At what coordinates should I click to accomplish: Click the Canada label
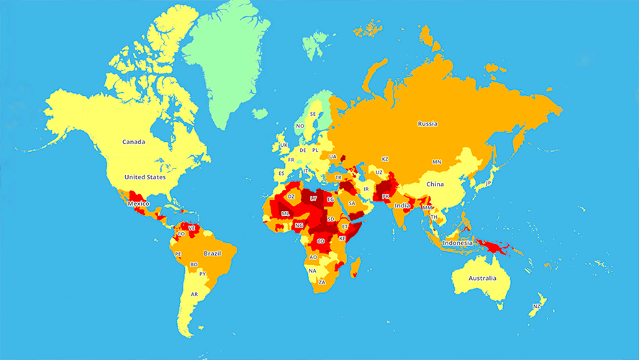point(133,142)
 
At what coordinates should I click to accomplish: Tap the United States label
point(145,177)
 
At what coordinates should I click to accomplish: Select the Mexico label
point(138,204)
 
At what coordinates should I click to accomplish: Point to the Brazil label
point(212,253)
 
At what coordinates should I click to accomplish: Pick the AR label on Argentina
point(194,294)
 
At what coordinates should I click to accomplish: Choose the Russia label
point(427,124)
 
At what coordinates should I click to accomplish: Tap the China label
point(435,184)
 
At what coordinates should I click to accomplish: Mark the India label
point(402,205)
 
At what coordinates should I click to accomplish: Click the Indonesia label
point(458,243)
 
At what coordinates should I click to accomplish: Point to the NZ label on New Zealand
point(537,307)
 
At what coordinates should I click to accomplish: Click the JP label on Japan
point(488,183)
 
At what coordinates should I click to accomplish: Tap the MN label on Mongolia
point(436,163)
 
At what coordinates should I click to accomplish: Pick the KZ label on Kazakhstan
point(385,159)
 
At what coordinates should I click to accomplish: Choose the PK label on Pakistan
point(386,196)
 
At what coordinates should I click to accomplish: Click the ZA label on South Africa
point(322,282)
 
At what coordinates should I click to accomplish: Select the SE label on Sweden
point(313,114)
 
